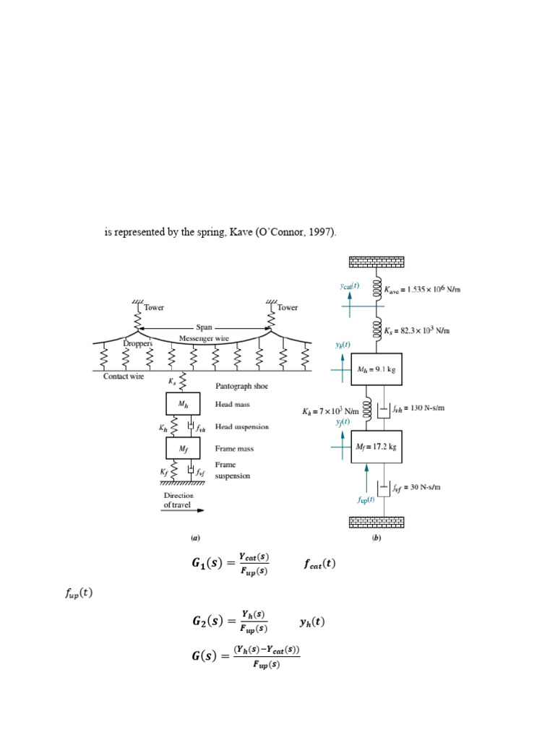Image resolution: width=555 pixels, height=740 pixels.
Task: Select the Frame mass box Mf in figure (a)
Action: (x=183, y=449)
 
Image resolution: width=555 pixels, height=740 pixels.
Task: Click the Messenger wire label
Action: (x=204, y=338)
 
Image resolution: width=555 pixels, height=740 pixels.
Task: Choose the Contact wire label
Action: (x=124, y=377)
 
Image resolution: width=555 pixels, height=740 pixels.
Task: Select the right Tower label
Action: (x=287, y=307)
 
